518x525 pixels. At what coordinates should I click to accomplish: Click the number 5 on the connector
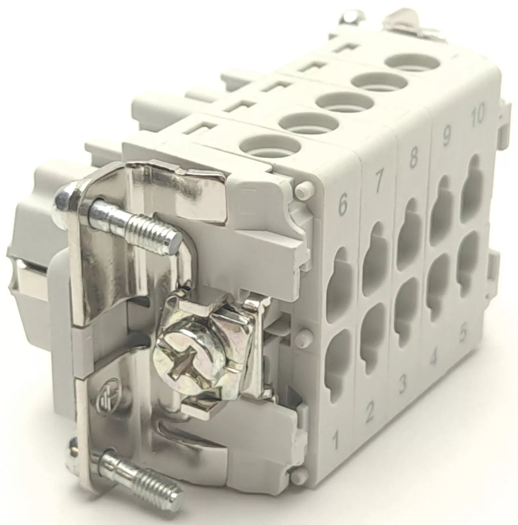[463, 334]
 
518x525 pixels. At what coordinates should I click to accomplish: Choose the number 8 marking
[413, 158]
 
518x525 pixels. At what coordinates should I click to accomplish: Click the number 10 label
[476, 115]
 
